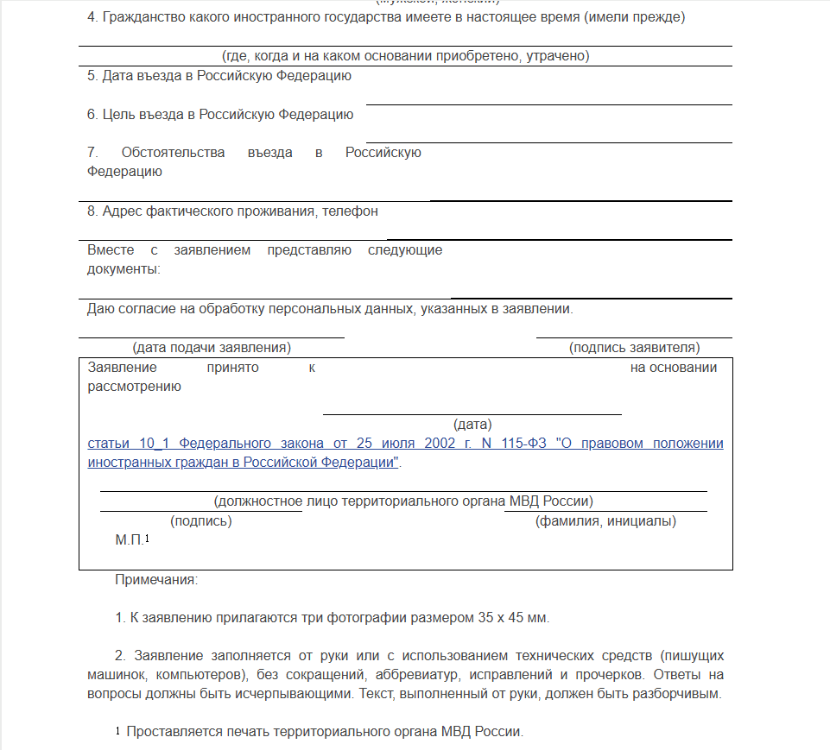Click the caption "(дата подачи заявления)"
(x=212, y=348)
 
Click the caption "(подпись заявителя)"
(x=634, y=348)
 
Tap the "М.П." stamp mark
(x=130, y=540)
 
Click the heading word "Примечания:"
(x=156, y=579)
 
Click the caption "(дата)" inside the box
(x=472, y=425)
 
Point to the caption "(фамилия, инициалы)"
(x=605, y=521)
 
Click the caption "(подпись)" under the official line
(x=201, y=521)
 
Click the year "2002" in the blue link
(x=440, y=444)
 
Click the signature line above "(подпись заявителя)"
(x=634, y=337)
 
